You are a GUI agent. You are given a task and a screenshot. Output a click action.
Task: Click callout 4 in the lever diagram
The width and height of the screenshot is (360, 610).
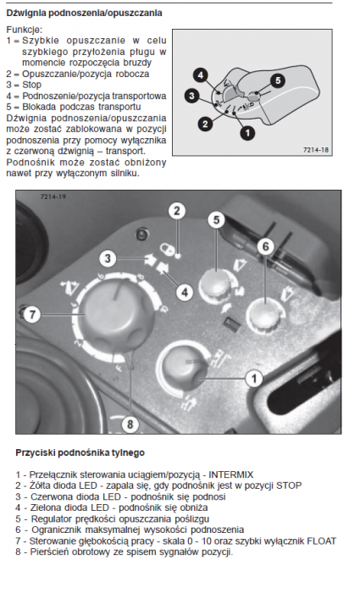click(201, 75)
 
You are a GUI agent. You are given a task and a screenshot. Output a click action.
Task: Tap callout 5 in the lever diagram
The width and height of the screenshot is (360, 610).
click(278, 80)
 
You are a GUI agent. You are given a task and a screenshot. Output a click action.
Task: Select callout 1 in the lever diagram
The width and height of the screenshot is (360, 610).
click(247, 133)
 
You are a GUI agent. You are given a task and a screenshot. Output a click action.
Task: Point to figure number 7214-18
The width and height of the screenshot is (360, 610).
click(316, 150)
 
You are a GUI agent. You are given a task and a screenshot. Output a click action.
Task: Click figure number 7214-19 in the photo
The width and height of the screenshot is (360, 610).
click(53, 197)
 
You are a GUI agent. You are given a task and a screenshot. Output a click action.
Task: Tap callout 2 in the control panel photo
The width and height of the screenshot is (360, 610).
click(177, 211)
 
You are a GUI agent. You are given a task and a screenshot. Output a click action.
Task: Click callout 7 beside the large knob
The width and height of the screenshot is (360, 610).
click(32, 314)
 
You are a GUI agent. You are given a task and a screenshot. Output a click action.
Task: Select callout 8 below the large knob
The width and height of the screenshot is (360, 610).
click(130, 424)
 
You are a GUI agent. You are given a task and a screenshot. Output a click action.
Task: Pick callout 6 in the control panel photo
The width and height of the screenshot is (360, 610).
click(265, 247)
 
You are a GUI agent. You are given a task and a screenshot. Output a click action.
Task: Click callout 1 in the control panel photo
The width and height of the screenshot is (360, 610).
click(254, 378)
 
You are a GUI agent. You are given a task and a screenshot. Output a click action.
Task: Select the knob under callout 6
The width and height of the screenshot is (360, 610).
click(264, 315)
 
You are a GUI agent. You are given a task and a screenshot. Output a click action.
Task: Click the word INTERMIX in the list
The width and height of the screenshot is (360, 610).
click(231, 474)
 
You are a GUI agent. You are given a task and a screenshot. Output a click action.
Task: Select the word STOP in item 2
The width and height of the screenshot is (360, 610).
click(289, 485)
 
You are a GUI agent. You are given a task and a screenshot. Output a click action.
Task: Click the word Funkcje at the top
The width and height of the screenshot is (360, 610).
click(25, 30)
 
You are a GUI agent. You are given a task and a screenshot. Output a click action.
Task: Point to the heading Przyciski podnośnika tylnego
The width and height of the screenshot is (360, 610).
click(80, 452)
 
